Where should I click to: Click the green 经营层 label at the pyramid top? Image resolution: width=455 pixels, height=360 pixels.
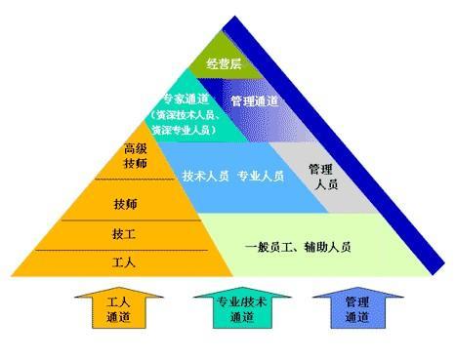[224, 64]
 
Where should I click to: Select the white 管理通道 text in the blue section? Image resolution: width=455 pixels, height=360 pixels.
[255, 101]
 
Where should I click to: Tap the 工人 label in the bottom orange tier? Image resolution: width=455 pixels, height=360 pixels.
[124, 262]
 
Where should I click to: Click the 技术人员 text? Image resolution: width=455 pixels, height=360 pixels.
[206, 177]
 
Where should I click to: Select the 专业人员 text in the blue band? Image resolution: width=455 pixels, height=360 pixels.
[261, 177]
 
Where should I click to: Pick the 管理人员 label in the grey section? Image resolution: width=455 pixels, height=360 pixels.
[321, 176]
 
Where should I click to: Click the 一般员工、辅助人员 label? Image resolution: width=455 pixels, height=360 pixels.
[298, 246]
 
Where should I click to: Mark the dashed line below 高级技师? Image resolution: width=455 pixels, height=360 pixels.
[135, 180]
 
